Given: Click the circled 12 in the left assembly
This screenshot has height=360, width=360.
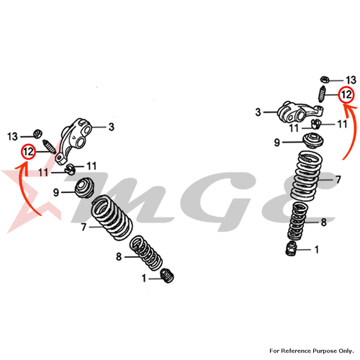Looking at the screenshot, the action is pos(28,152).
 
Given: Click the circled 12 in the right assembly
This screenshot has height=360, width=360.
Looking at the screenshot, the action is pos(346,94).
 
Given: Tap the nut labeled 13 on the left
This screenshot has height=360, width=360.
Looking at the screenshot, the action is pos(37,134).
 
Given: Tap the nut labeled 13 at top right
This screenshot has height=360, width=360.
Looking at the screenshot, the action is pos(325,79).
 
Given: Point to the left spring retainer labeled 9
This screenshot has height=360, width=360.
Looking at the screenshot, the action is pos(84,188).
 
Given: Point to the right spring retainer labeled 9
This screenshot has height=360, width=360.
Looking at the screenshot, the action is pos(313,141).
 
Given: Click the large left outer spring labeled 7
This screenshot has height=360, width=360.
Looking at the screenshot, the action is pos(112,217).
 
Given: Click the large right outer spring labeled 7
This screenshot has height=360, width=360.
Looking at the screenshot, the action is pos(306,176).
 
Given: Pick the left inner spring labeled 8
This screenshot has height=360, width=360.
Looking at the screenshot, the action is pos(145,253).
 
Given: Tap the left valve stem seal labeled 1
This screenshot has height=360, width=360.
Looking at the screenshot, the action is pos(167,276).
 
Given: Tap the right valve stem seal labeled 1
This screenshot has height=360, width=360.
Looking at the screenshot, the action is pos(292,248).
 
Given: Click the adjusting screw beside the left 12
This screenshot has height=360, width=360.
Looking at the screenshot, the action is pos(49,147).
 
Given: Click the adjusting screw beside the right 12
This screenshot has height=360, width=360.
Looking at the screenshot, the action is pos(322,94).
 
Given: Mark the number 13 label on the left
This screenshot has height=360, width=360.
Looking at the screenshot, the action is pos(12,137).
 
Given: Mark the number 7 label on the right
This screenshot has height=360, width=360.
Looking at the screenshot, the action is pos(338,179).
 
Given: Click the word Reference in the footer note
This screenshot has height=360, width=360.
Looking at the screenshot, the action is pos(295,351).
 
